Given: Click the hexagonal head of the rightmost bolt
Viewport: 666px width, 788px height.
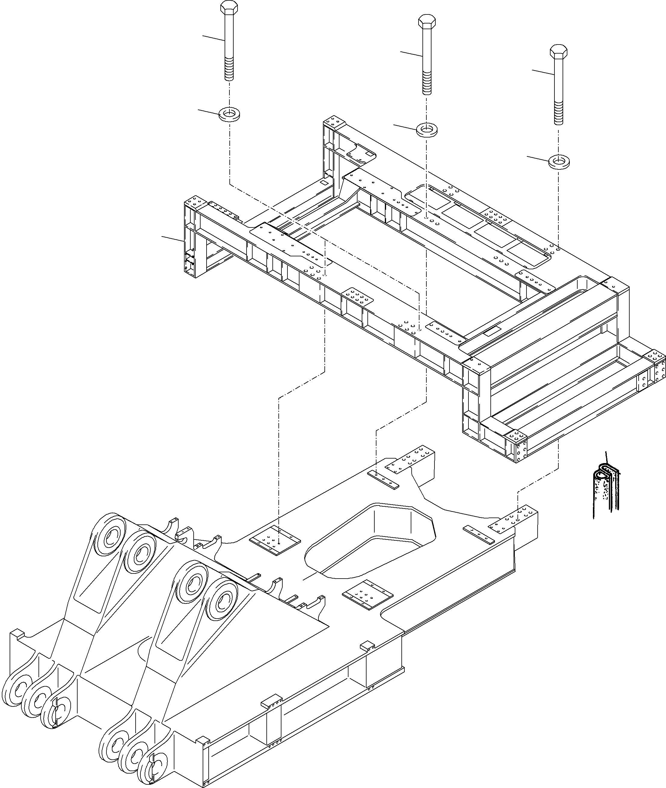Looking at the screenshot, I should (x=558, y=51).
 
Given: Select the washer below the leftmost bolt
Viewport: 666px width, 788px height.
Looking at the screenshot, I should (x=229, y=114).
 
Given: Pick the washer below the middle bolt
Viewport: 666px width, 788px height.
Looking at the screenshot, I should (x=427, y=130).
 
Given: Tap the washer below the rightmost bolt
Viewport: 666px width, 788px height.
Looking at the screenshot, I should (x=559, y=162).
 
